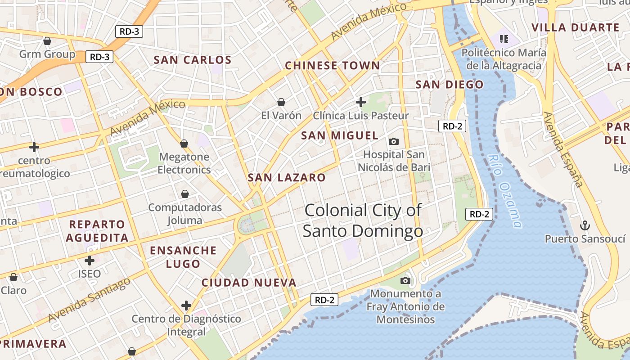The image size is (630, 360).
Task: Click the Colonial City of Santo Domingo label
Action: point(363,220)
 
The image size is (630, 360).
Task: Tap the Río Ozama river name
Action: point(506,191)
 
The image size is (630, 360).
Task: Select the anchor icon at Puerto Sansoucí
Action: point(585,225)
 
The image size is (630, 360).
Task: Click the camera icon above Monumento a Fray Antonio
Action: point(405,281)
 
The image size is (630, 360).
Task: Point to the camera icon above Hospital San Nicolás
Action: point(394,142)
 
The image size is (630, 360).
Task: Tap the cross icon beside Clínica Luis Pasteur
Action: point(360,102)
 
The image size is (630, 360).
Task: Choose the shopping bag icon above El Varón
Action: point(281,102)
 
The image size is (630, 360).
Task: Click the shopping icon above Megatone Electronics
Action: point(184,144)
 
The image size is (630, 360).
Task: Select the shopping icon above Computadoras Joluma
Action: point(184,194)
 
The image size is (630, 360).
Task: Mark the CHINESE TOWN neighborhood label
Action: point(333,66)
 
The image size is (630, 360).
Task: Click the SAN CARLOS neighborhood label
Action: point(193,60)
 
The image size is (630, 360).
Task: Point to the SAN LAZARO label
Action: point(287,177)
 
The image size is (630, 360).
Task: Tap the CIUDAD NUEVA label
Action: point(249,283)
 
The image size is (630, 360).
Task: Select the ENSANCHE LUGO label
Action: point(183,257)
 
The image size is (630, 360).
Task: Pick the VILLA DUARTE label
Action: point(576,27)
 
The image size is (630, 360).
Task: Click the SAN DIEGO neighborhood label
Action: point(449,85)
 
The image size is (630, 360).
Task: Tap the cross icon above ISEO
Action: point(90,260)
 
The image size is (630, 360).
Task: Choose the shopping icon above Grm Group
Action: point(47,41)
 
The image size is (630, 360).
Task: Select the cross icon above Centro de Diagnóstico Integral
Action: point(186,306)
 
